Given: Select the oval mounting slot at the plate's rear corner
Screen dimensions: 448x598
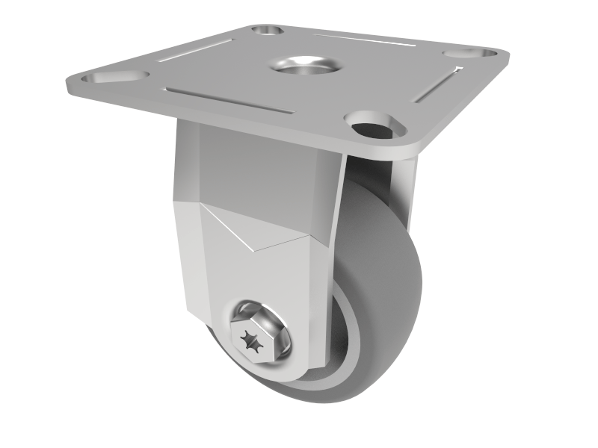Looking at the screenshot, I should click(x=267, y=31).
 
